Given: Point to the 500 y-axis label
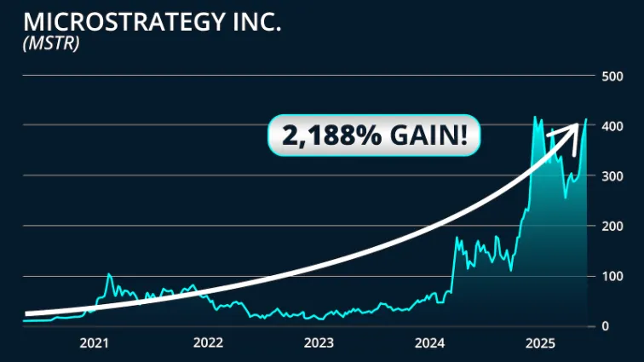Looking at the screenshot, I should coord(612,77).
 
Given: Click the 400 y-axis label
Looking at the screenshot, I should coord(612,126).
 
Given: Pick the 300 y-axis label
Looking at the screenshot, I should coord(612,176).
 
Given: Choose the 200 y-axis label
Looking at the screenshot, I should coord(612,227).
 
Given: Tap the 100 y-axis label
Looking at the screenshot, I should coord(612,276).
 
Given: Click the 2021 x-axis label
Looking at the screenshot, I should coord(95,343).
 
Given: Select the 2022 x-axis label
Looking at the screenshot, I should coord(207,343).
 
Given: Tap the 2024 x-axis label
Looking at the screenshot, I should coord(430,343).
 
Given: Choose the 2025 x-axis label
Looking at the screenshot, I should coord(541,343).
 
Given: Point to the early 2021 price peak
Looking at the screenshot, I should coord(109,274).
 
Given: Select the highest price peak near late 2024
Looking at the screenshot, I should coord(534,117).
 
